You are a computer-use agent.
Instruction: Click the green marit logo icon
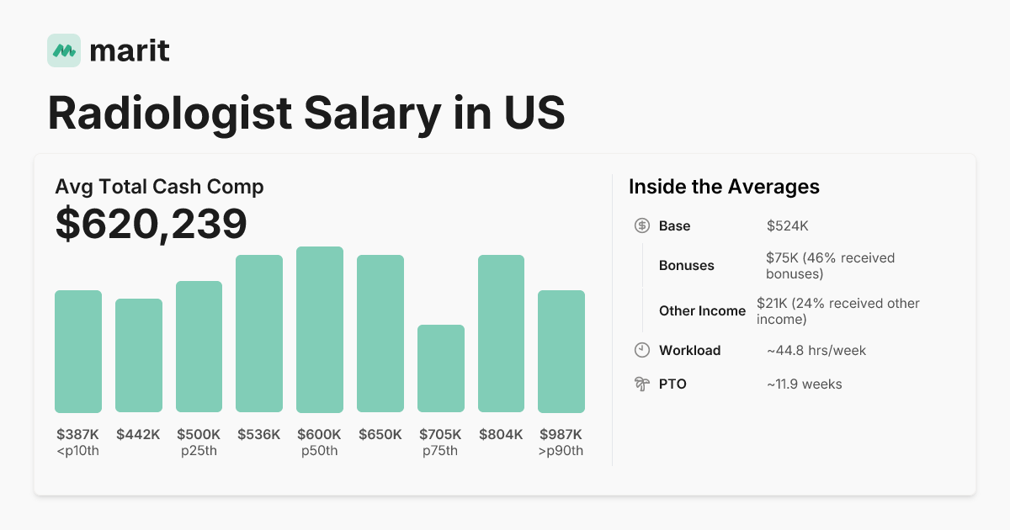click(64, 50)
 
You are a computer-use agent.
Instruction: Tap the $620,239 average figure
click(151, 225)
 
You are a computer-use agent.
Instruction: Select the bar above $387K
click(78, 352)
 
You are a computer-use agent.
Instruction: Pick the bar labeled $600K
click(320, 330)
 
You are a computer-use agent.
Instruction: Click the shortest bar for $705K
click(441, 368)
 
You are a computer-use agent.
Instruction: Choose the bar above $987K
click(561, 352)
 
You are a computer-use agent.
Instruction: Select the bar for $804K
click(501, 334)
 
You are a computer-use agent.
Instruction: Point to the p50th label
click(319, 451)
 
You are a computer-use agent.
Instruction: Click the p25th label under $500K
click(199, 451)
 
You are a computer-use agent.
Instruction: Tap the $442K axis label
click(138, 435)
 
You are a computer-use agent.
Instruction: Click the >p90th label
click(561, 451)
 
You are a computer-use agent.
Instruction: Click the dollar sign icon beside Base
click(641, 225)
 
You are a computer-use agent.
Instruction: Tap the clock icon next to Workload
click(641, 350)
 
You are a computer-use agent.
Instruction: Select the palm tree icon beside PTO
click(641, 384)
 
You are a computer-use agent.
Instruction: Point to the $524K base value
click(787, 225)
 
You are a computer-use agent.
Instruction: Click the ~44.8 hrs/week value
click(816, 350)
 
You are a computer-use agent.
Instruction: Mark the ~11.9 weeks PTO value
click(804, 384)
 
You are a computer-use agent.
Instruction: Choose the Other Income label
click(702, 310)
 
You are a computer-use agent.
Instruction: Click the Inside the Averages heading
click(724, 187)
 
